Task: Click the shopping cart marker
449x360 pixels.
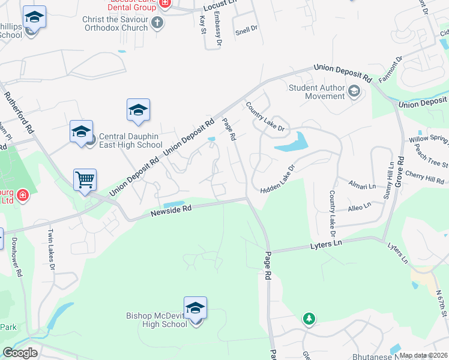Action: tap(85, 179)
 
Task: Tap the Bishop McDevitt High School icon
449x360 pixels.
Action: tap(195, 308)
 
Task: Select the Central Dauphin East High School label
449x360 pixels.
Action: tap(130, 140)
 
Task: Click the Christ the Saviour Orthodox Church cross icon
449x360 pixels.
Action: tap(157, 23)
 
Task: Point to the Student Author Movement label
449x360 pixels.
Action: tap(316, 92)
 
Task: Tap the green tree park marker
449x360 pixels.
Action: tap(309, 319)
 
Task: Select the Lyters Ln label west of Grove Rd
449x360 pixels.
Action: tap(326, 244)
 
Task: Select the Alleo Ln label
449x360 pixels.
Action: tap(360, 209)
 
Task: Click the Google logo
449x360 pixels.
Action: tap(20, 353)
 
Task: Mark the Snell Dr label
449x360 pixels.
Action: tap(246, 28)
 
